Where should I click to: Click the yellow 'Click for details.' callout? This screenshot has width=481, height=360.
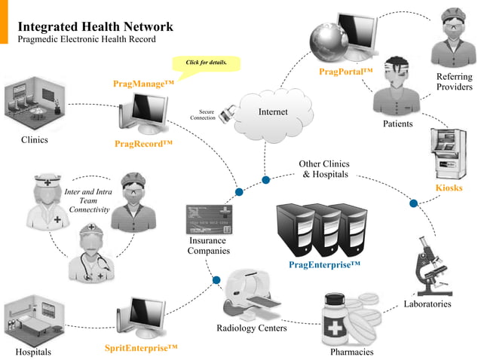click(207, 62)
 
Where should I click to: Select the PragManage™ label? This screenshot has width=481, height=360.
click(143, 84)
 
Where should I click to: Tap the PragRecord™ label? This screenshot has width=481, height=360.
click(144, 143)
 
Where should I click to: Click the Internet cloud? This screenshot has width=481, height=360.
click(273, 112)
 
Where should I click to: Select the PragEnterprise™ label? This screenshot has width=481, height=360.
click(324, 264)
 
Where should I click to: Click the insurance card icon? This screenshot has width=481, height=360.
click(209, 219)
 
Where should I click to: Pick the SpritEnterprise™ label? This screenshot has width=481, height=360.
click(142, 348)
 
